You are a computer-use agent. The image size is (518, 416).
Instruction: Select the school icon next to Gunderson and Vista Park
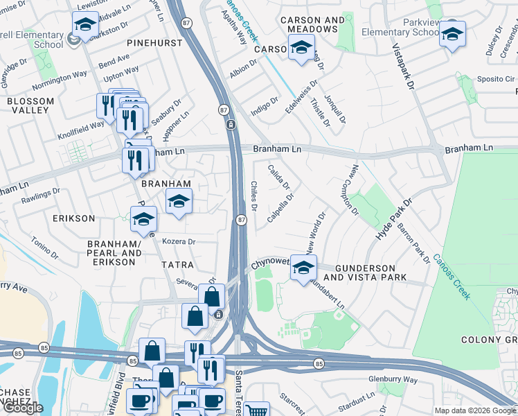(303, 268)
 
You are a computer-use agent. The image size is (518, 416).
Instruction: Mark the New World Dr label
(315, 233)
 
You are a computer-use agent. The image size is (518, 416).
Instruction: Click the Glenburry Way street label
(393, 380)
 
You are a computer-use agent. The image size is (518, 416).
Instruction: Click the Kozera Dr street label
(179, 242)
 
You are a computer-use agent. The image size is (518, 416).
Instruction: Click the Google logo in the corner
(23, 408)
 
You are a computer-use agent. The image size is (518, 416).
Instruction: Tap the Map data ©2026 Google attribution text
(474, 410)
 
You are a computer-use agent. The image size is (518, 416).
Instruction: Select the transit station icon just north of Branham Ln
(230, 124)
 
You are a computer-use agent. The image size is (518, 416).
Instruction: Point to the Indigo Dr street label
(264, 108)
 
